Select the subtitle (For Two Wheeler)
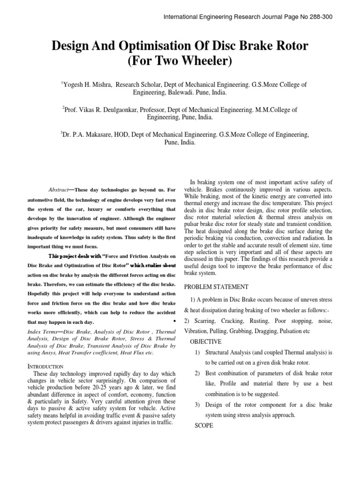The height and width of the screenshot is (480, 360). click(x=180, y=61)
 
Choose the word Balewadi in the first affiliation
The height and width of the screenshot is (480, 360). click(x=171, y=93)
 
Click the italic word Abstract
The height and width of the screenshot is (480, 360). click(x=59, y=189)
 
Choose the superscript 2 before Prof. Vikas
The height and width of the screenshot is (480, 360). click(x=63, y=107)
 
